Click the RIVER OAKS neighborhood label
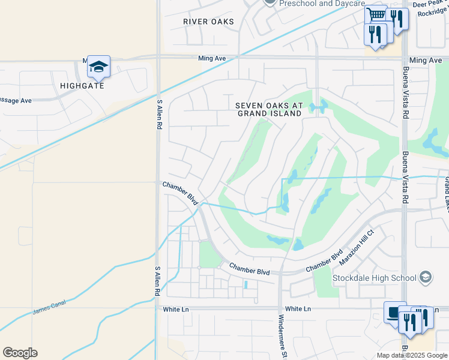pos(208,22)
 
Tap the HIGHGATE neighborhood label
pos(82,86)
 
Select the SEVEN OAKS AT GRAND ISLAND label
pos(268,109)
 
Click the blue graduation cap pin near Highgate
pos(98,66)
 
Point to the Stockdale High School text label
pos(374,278)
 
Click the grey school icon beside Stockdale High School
pos(426,277)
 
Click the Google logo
pos(20,353)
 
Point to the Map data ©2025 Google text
pos(411,355)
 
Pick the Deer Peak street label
pos(427,4)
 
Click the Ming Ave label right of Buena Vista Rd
pos(426,61)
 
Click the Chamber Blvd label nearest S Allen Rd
pos(181,193)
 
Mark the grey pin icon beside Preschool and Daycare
pos(270,2)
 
